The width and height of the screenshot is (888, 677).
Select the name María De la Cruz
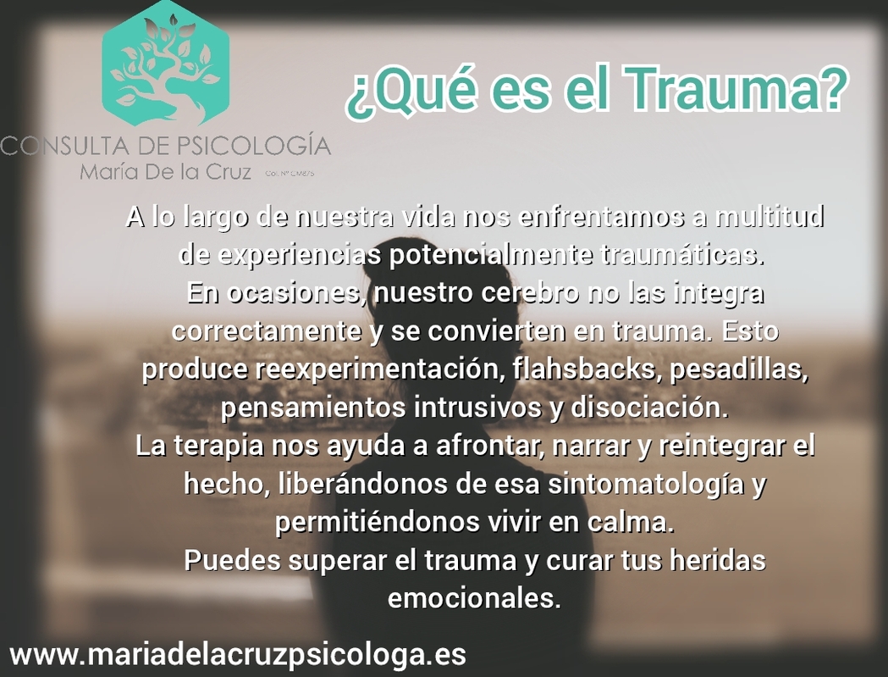166,172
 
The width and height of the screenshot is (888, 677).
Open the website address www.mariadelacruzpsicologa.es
238,654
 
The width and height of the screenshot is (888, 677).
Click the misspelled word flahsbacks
566,369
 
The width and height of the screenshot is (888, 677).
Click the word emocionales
474,598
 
